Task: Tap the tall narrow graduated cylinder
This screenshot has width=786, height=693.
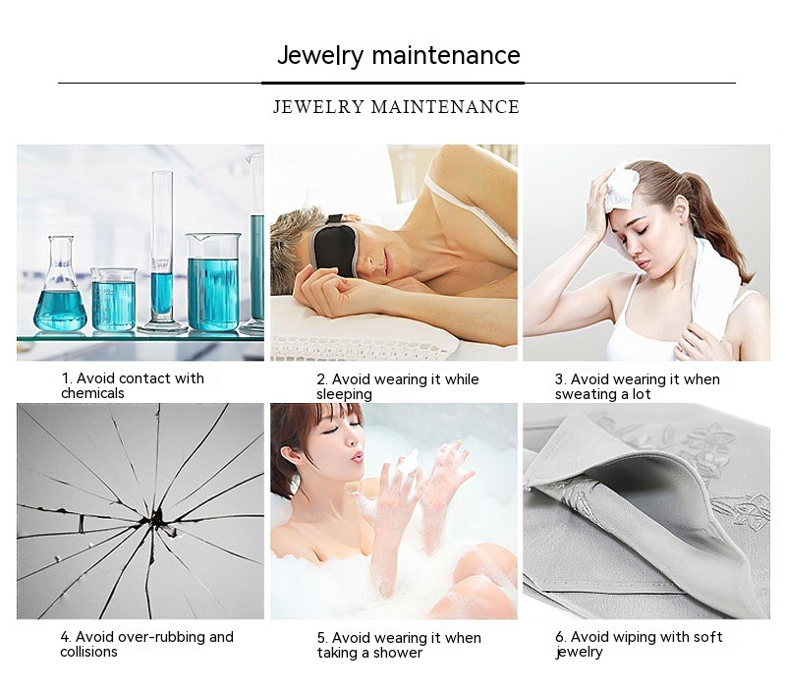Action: click(162, 251)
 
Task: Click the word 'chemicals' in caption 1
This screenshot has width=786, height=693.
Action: click(92, 393)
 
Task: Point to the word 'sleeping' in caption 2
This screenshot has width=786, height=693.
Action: click(345, 394)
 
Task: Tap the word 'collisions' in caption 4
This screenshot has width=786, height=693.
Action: click(88, 652)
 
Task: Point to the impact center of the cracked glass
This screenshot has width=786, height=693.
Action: click(157, 519)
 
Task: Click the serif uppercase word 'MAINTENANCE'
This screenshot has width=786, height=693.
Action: click(445, 107)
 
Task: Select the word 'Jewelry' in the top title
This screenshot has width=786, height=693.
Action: click(320, 55)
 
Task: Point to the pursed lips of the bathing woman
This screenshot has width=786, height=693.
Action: click(357, 457)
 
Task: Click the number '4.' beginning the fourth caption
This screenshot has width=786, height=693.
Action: click(66, 637)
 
